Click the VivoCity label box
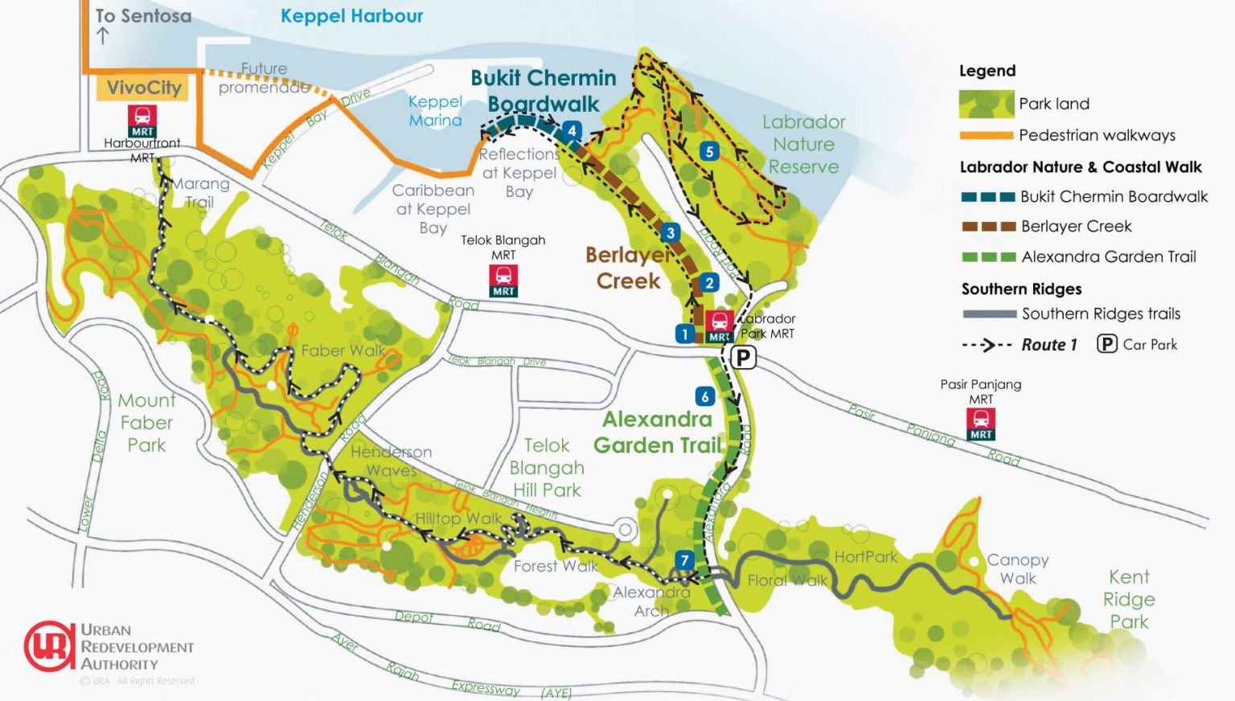(143, 88)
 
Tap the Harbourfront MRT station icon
(142, 121)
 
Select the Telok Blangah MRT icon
(503, 281)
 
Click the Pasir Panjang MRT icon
(980, 424)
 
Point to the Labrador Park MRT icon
(719, 326)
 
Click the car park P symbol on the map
(744, 357)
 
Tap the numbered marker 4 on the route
(572, 130)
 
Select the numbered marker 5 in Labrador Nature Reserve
(708, 151)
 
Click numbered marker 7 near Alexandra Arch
(684, 560)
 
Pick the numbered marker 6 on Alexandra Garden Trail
(705, 396)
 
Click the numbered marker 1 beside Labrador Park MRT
(684, 334)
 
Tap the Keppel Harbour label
(351, 15)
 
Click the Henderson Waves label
(392, 461)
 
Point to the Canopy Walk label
(1017, 568)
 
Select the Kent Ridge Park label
(1129, 599)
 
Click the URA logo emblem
(48, 646)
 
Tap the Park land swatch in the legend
(986, 104)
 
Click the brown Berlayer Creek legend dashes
(988, 227)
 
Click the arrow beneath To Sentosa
(103, 35)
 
